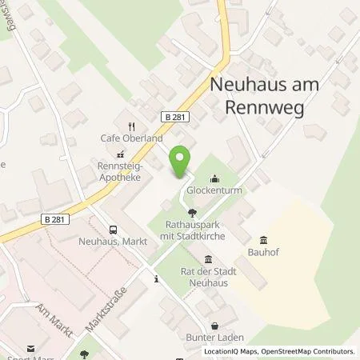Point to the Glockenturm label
click(x=214, y=192)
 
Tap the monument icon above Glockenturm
click(x=214, y=179)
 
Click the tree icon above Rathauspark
click(x=192, y=213)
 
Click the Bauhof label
click(x=263, y=253)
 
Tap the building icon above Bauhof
click(x=263, y=239)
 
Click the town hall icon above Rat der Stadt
click(x=209, y=258)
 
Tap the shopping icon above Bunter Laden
click(x=215, y=326)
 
